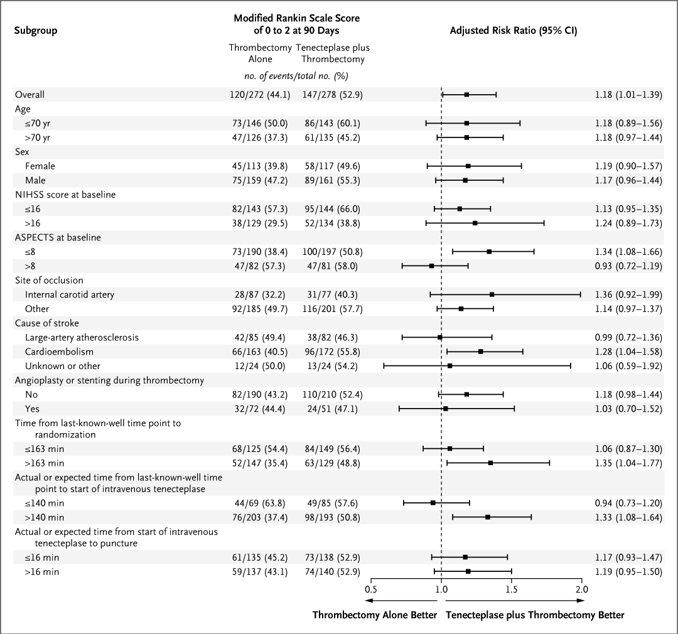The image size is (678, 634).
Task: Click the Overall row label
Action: [x=30, y=94]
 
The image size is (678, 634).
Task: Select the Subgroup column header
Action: [x=35, y=30]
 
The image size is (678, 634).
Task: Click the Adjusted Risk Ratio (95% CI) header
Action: [x=514, y=30]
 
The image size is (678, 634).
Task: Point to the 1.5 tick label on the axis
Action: [x=512, y=589]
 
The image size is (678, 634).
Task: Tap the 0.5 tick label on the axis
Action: [x=370, y=589]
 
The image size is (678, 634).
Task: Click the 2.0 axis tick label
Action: [x=581, y=589]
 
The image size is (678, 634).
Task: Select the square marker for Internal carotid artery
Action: [x=492, y=294]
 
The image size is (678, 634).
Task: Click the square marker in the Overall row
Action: [x=466, y=94]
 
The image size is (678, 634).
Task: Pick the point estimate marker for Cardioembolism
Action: [x=480, y=352]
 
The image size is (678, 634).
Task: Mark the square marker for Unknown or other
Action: [x=449, y=366]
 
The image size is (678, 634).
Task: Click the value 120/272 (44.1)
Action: [x=260, y=94]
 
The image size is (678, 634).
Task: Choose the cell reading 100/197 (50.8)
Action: [x=332, y=252]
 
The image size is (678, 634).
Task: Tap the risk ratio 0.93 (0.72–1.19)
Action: [x=628, y=266]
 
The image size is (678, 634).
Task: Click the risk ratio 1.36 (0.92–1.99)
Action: [x=628, y=294]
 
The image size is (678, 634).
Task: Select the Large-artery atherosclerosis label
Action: [x=82, y=337]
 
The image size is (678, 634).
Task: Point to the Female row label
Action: [x=40, y=166]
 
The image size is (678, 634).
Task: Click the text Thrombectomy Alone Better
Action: [x=374, y=615]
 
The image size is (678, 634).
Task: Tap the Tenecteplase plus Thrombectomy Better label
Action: [x=535, y=615]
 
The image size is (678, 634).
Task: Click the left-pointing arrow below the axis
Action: [x=401, y=601]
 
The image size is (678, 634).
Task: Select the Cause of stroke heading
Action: [x=46, y=323]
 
